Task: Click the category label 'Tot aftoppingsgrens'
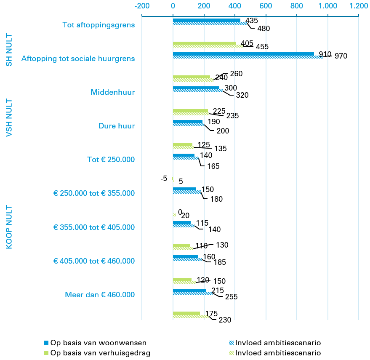pyautogui.click(x=98, y=25)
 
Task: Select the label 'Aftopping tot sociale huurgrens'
pyautogui.click(x=78, y=59)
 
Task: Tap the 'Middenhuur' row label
pyautogui.click(x=113, y=92)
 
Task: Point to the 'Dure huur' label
pyautogui.click(x=117, y=126)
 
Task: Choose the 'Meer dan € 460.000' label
pyautogui.click(x=100, y=295)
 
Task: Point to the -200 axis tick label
pyautogui.click(x=142, y=6)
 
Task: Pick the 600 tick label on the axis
pyautogui.click(x=266, y=6)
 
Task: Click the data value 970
pyautogui.click(x=341, y=56)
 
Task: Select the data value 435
pyautogui.click(x=251, y=20)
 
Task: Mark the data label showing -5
pyautogui.click(x=164, y=179)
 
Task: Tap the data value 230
pyautogui.click(x=225, y=320)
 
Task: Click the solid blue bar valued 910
pyautogui.click(x=243, y=54)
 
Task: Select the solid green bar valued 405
pyautogui.click(x=204, y=43)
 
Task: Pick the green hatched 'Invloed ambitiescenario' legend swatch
pyautogui.click(x=232, y=353)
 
